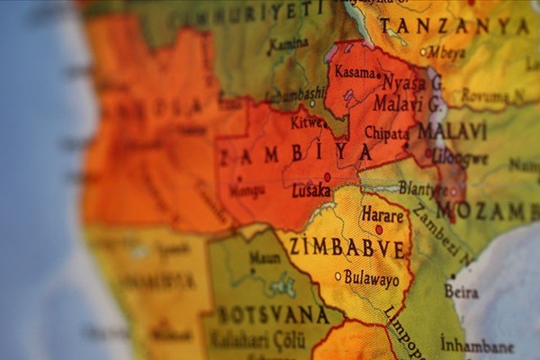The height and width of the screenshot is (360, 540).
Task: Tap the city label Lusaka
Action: click(311, 191)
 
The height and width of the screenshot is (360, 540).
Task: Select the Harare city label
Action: click(382, 214)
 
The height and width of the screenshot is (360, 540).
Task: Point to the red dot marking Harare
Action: click(379, 229)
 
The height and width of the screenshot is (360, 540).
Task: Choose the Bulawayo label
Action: click(372, 280)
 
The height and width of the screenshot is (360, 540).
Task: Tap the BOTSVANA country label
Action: click(274, 315)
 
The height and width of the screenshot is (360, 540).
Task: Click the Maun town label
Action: click(265, 257)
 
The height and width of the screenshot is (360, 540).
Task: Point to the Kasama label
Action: click(355, 71)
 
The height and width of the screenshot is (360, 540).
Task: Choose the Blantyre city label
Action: click(422, 189)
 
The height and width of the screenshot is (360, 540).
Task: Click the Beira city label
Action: click(462, 292)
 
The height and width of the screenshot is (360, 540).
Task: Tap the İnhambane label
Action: click(477, 346)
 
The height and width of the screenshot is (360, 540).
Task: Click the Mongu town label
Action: click(247, 191)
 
